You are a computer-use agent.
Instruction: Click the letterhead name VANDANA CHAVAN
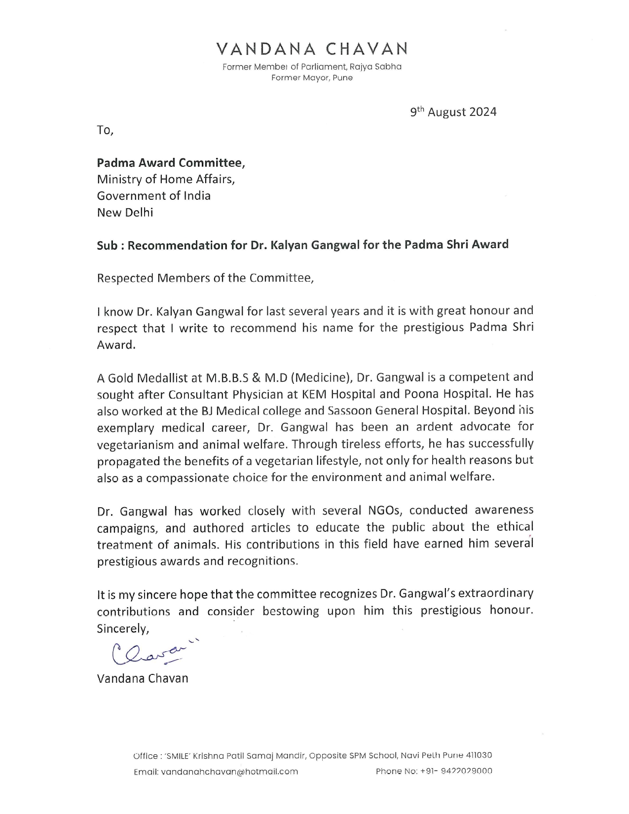tap(312, 49)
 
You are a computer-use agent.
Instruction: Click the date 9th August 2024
tap(453, 112)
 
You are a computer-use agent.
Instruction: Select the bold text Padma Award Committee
tap(170, 162)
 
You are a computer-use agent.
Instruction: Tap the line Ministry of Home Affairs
tap(166, 179)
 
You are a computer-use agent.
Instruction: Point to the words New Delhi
tap(125, 213)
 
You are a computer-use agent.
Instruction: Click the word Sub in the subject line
tap(107, 245)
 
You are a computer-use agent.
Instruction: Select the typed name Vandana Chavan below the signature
tap(143, 678)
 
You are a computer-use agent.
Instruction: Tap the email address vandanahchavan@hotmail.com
tap(229, 772)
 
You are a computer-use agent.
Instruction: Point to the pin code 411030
tap(479, 755)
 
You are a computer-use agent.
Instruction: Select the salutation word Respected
tap(125, 278)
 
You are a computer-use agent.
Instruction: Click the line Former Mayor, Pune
tap(312, 78)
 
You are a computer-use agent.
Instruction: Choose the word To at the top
tap(105, 130)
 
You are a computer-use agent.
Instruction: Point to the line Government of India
tap(153, 196)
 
